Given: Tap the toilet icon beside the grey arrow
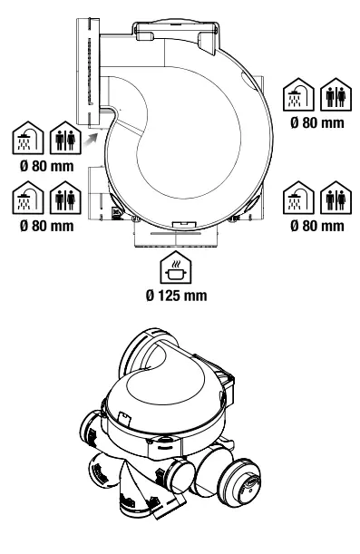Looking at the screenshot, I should [x=63, y=139].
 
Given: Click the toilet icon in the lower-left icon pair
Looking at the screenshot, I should [x=63, y=199].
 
